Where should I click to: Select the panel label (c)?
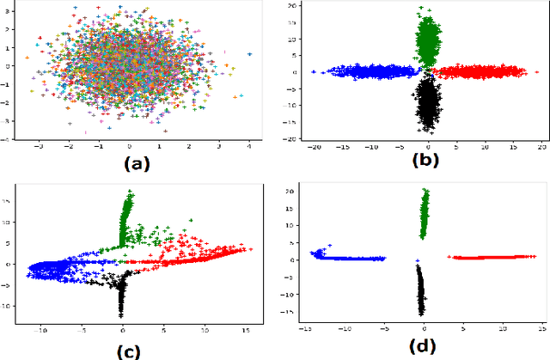tap(134, 349)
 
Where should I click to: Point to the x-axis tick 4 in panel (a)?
tap(249, 146)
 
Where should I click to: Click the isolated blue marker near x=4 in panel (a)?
tap(249, 54)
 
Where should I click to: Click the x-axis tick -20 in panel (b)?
tap(317, 146)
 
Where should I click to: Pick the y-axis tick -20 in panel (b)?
tap(294, 137)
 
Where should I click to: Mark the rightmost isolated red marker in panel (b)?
tap(525, 73)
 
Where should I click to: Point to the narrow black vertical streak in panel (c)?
tap(121, 296)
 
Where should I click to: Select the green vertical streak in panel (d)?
tap(425, 215)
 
